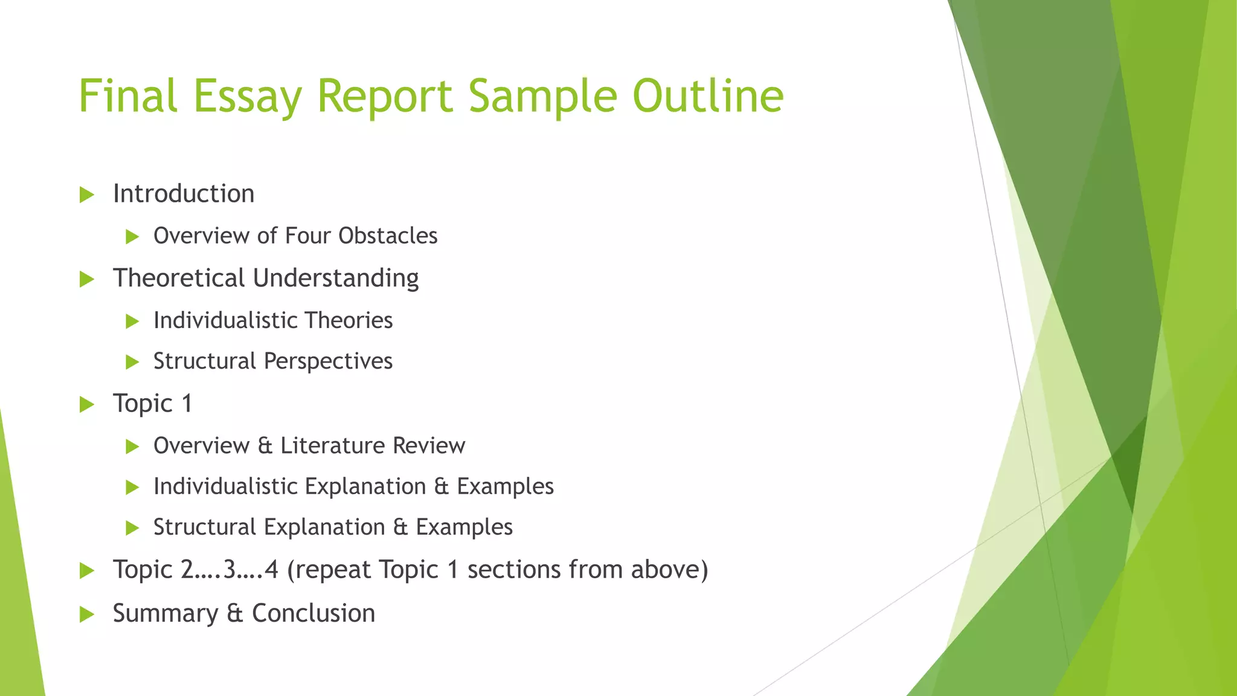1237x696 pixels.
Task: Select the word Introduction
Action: point(184,194)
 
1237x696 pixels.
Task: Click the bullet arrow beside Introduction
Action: point(87,195)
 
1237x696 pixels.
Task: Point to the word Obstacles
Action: point(388,236)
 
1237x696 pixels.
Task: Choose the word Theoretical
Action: point(179,278)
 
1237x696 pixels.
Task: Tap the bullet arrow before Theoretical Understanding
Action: point(87,280)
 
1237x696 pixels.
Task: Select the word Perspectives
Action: point(328,361)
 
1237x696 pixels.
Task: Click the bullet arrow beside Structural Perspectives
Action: point(132,362)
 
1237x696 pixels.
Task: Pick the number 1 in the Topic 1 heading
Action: point(187,404)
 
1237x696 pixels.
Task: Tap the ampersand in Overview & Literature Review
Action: point(265,446)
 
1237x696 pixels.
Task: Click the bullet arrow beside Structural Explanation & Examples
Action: point(132,529)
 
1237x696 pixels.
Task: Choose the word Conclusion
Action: point(313,613)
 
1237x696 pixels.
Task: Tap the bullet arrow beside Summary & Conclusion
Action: point(87,615)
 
